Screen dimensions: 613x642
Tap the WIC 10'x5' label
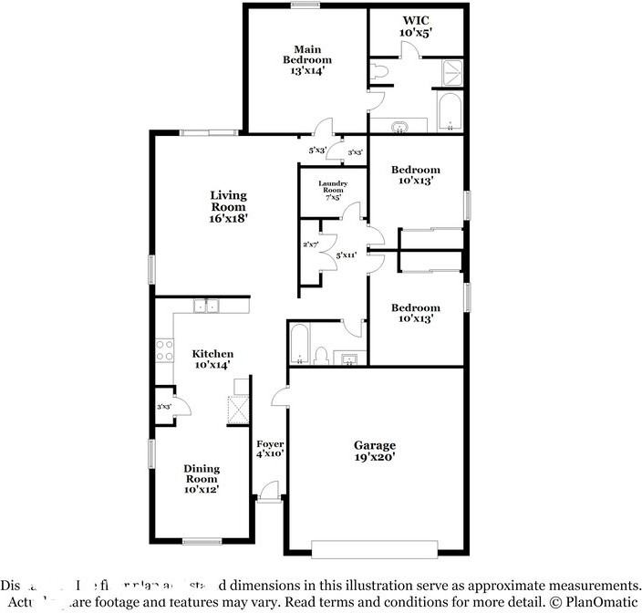pyautogui.click(x=415, y=25)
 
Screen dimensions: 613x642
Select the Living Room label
pyautogui.click(x=228, y=206)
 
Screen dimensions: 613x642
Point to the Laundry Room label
pyautogui.click(x=333, y=189)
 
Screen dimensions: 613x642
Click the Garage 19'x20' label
pyautogui.click(x=375, y=451)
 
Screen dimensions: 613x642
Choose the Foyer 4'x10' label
pyautogui.click(x=270, y=449)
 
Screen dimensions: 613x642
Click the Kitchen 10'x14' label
pyautogui.click(x=212, y=358)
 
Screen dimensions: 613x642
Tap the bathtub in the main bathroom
pyautogui.click(x=450, y=113)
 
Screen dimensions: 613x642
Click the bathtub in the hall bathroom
pyautogui.click(x=299, y=348)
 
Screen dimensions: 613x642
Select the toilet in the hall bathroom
pyautogui.click(x=320, y=354)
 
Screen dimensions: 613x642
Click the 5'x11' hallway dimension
pyautogui.click(x=346, y=256)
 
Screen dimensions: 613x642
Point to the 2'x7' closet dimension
pyautogui.click(x=310, y=244)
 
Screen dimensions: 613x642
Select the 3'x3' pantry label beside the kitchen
pyautogui.click(x=164, y=407)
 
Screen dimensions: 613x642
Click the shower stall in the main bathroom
pyautogui.click(x=450, y=70)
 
